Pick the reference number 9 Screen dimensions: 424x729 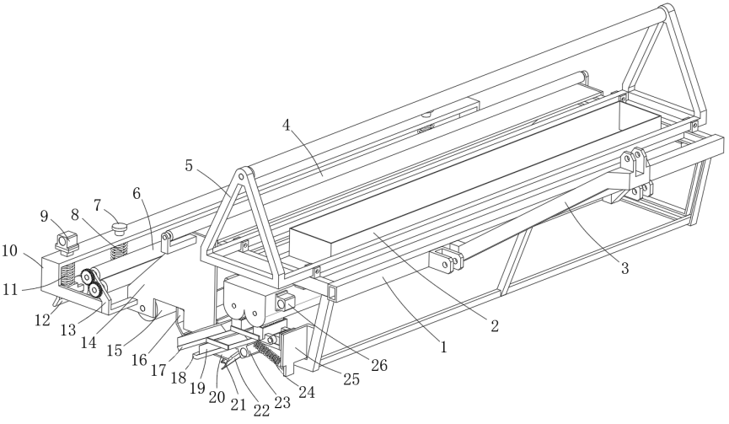click(45, 215)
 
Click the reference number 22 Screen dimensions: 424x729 click(262, 410)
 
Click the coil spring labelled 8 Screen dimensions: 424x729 click(117, 250)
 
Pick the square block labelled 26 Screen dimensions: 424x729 click(282, 301)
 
